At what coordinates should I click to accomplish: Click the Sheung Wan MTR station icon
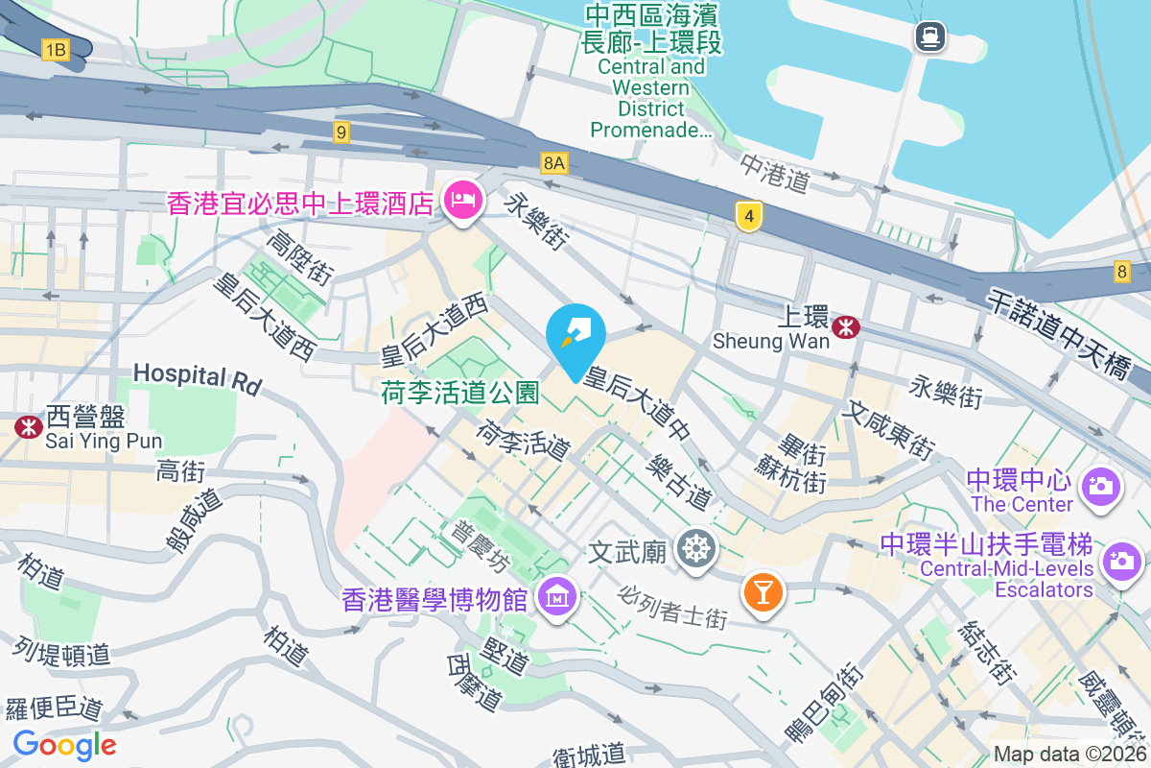click(846, 327)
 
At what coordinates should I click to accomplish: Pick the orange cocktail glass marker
click(763, 591)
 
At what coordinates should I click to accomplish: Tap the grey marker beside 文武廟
click(696, 550)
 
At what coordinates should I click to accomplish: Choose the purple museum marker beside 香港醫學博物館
click(556, 599)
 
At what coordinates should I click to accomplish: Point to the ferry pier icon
click(930, 37)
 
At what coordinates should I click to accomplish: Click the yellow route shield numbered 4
click(749, 215)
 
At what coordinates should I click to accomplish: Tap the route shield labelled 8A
click(553, 163)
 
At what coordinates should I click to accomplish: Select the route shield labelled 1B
click(56, 50)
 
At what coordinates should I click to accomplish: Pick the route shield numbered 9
click(341, 132)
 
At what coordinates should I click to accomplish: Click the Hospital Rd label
click(198, 376)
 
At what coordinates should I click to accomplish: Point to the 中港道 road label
click(775, 173)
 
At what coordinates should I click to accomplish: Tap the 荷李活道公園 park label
click(460, 392)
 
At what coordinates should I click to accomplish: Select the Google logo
click(65, 744)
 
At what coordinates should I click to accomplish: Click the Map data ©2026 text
click(1069, 755)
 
